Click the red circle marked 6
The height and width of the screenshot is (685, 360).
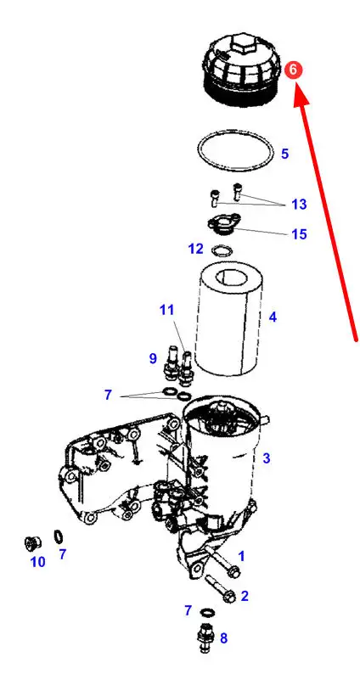[293, 70]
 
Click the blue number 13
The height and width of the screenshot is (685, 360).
[299, 204]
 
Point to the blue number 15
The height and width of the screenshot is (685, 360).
[299, 233]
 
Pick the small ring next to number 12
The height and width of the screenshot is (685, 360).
[222, 251]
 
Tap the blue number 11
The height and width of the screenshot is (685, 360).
[166, 310]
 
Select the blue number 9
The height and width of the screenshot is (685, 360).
[153, 359]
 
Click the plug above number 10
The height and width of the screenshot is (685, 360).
[32, 543]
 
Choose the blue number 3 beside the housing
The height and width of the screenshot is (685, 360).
[266, 458]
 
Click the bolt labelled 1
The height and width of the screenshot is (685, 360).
[223, 563]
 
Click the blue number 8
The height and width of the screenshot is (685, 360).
[223, 638]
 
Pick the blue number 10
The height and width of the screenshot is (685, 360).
[38, 562]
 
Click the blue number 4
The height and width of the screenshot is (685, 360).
[273, 317]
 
